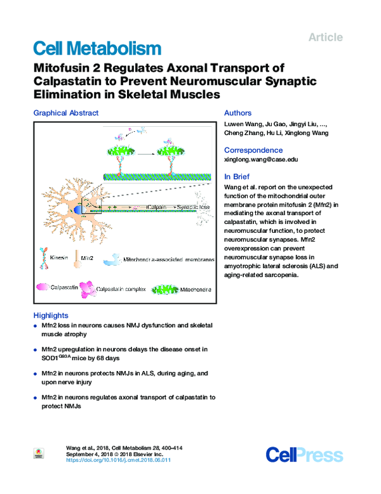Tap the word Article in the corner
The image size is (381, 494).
pyautogui.click(x=325, y=37)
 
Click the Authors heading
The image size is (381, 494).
pyautogui.click(x=238, y=113)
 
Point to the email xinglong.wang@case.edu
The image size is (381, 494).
pyautogui.click(x=262, y=161)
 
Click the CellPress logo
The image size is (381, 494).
pyautogui.click(x=304, y=454)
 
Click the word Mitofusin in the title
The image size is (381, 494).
pyautogui.click(x=64, y=68)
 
